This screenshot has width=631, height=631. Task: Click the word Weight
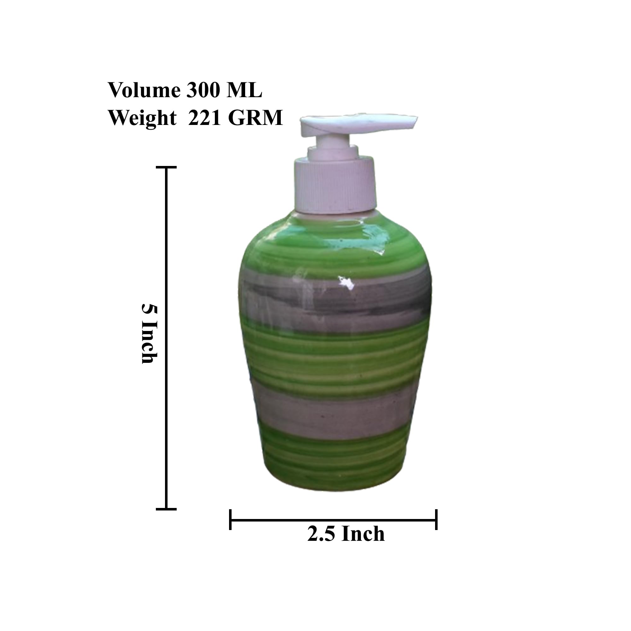pyautogui.click(x=142, y=118)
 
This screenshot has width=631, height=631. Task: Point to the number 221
pyautogui.click(x=204, y=118)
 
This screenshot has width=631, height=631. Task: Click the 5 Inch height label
pyautogui.click(x=150, y=333)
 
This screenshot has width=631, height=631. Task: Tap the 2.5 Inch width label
pyautogui.click(x=346, y=534)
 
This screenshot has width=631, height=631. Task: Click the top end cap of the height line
pyautogui.click(x=166, y=167)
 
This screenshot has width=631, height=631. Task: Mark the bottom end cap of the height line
pyautogui.click(x=166, y=509)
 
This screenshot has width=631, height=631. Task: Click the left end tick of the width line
pyautogui.click(x=230, y=519)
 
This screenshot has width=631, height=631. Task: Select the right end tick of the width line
pyautogui.click(x=436, y=519)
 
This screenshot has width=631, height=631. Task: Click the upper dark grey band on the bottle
pyautogui.click(x=336, y=299)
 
